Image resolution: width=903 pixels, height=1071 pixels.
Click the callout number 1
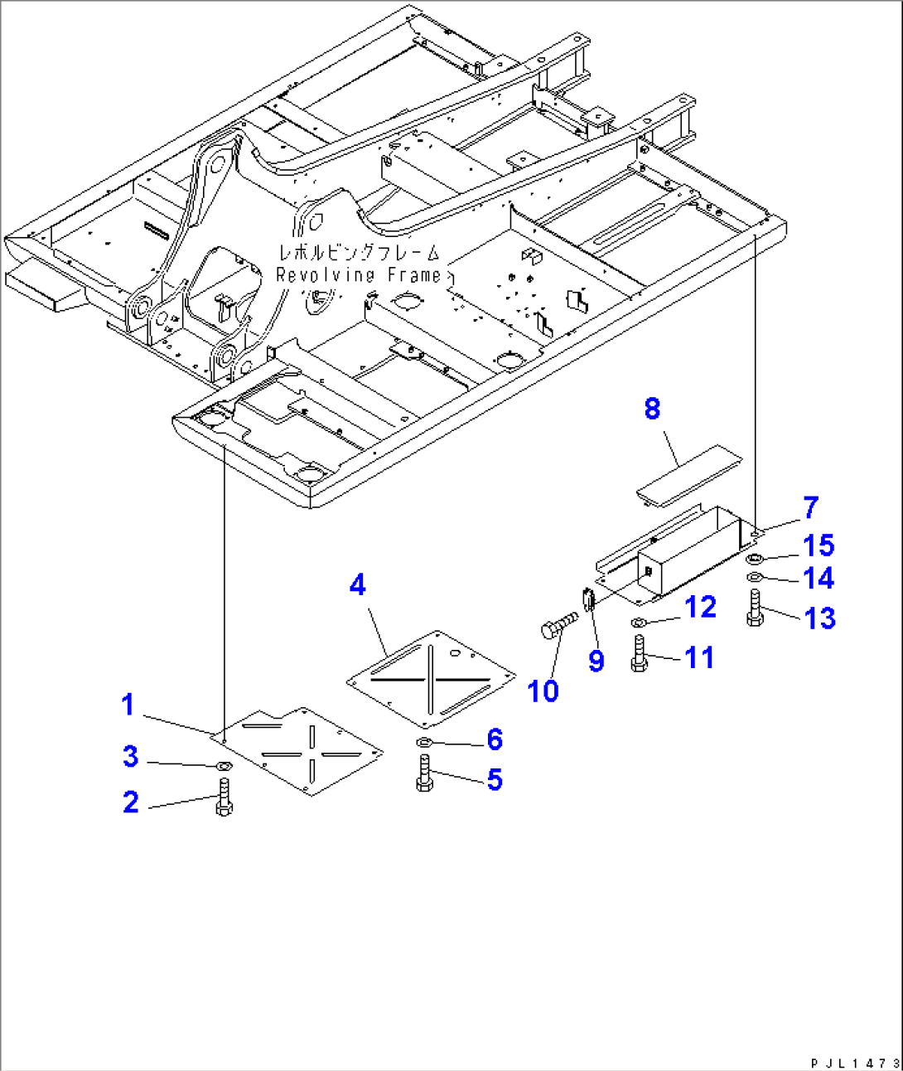(128, 705)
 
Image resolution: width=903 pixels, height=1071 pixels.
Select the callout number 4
(357, 585)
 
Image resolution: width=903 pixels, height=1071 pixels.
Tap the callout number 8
(653, 409)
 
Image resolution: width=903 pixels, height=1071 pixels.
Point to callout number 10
(543, 691)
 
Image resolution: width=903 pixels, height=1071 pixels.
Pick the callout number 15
(818, 545)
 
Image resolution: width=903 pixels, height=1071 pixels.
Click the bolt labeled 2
(224, 797)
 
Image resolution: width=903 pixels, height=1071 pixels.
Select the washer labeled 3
(223, 767)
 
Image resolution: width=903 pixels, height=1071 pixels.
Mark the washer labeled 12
(638, 623)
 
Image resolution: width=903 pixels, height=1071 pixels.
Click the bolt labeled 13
(754, 608)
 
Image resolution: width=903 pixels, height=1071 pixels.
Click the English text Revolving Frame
(358, 275)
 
